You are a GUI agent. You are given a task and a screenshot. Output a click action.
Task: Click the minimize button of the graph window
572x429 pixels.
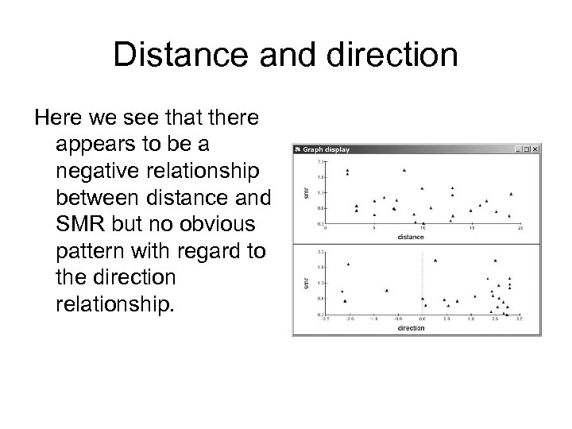coord(519,149)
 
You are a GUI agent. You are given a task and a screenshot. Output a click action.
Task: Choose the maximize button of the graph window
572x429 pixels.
coord(527,149)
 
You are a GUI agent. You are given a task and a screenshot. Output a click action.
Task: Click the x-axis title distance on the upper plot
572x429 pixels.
coord(412,237)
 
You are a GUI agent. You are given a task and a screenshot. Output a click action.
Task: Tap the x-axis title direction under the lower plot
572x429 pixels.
coord(412,327)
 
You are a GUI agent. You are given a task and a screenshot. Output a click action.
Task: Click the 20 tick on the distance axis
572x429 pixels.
coord(520,229)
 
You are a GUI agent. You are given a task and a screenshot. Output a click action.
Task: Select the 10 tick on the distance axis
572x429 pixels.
coord(423,229)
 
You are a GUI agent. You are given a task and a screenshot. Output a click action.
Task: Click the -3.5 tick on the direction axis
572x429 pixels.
coord(324,319)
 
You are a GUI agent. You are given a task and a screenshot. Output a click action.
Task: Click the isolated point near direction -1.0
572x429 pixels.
coord(387,291)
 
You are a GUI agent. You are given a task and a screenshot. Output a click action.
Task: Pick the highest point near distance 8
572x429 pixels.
coord(404,169)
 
